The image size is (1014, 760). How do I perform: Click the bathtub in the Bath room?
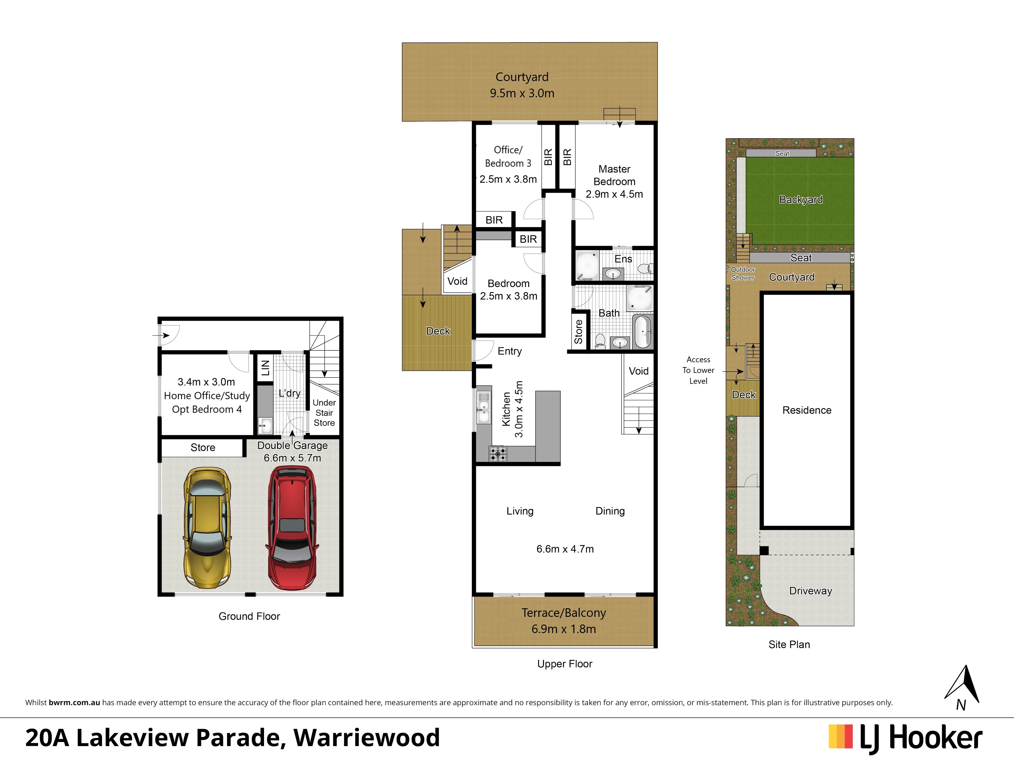[642, 331]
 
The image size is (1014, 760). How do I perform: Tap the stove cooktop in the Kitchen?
[498, 453]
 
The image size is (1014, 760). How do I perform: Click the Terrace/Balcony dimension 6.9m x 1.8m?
[564, 629]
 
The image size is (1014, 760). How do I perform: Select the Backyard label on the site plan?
[801, 199]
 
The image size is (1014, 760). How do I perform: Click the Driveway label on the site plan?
[810, 591]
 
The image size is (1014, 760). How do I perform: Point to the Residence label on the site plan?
[807, 410]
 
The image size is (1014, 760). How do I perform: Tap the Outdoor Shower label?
[743, 274]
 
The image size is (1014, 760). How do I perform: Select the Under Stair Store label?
[324, 413]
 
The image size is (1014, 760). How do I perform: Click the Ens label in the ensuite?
[623, 259]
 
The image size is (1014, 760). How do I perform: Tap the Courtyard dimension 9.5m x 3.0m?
[522, 93]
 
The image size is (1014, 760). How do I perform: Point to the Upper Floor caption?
[565, 664]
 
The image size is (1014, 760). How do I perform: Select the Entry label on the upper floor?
[510, 351]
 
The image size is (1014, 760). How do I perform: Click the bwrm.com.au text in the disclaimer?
[74, 702]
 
